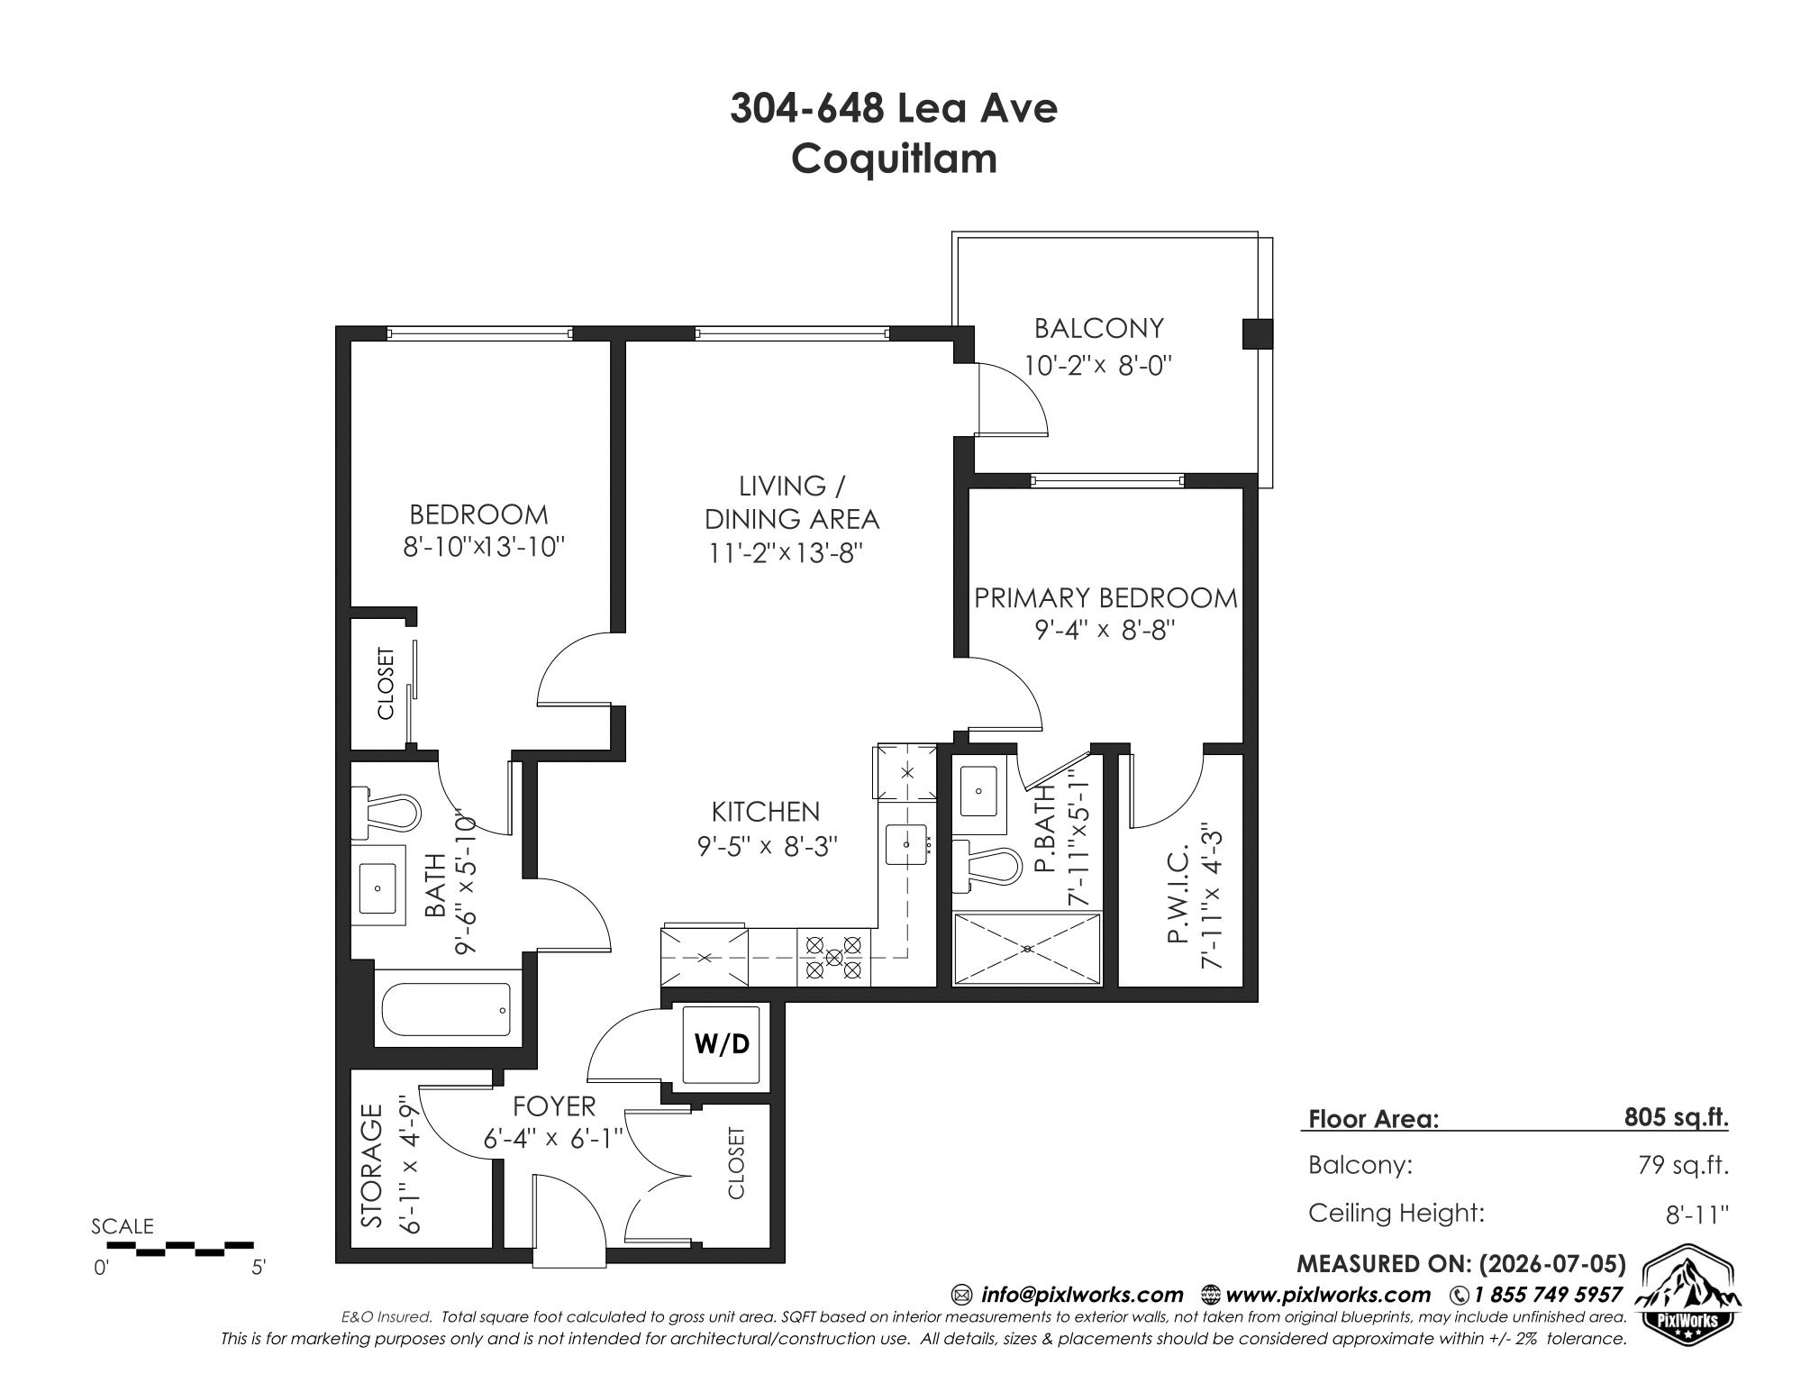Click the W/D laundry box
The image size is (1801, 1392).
coord(725,1044)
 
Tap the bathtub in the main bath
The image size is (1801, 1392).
coord(447,1009)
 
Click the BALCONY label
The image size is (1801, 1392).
coord(1098,328)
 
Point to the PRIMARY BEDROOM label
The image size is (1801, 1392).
coord(1105,598)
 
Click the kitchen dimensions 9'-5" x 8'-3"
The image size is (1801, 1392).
coord(768,846)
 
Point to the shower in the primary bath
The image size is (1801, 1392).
coord(1027,949)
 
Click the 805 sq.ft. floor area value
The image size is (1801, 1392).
coord(1677,1117)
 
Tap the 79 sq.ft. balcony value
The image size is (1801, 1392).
coord(1683,1165)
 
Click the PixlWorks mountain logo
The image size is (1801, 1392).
coord(1687,1298)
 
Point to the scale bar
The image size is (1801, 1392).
coord(181,1249)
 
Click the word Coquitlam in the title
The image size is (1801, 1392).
coord(895,159)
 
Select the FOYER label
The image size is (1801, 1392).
coord(554,1105)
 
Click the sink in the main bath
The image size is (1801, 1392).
coord(377,887)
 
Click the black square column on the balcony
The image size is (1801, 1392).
coord(1257,333)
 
